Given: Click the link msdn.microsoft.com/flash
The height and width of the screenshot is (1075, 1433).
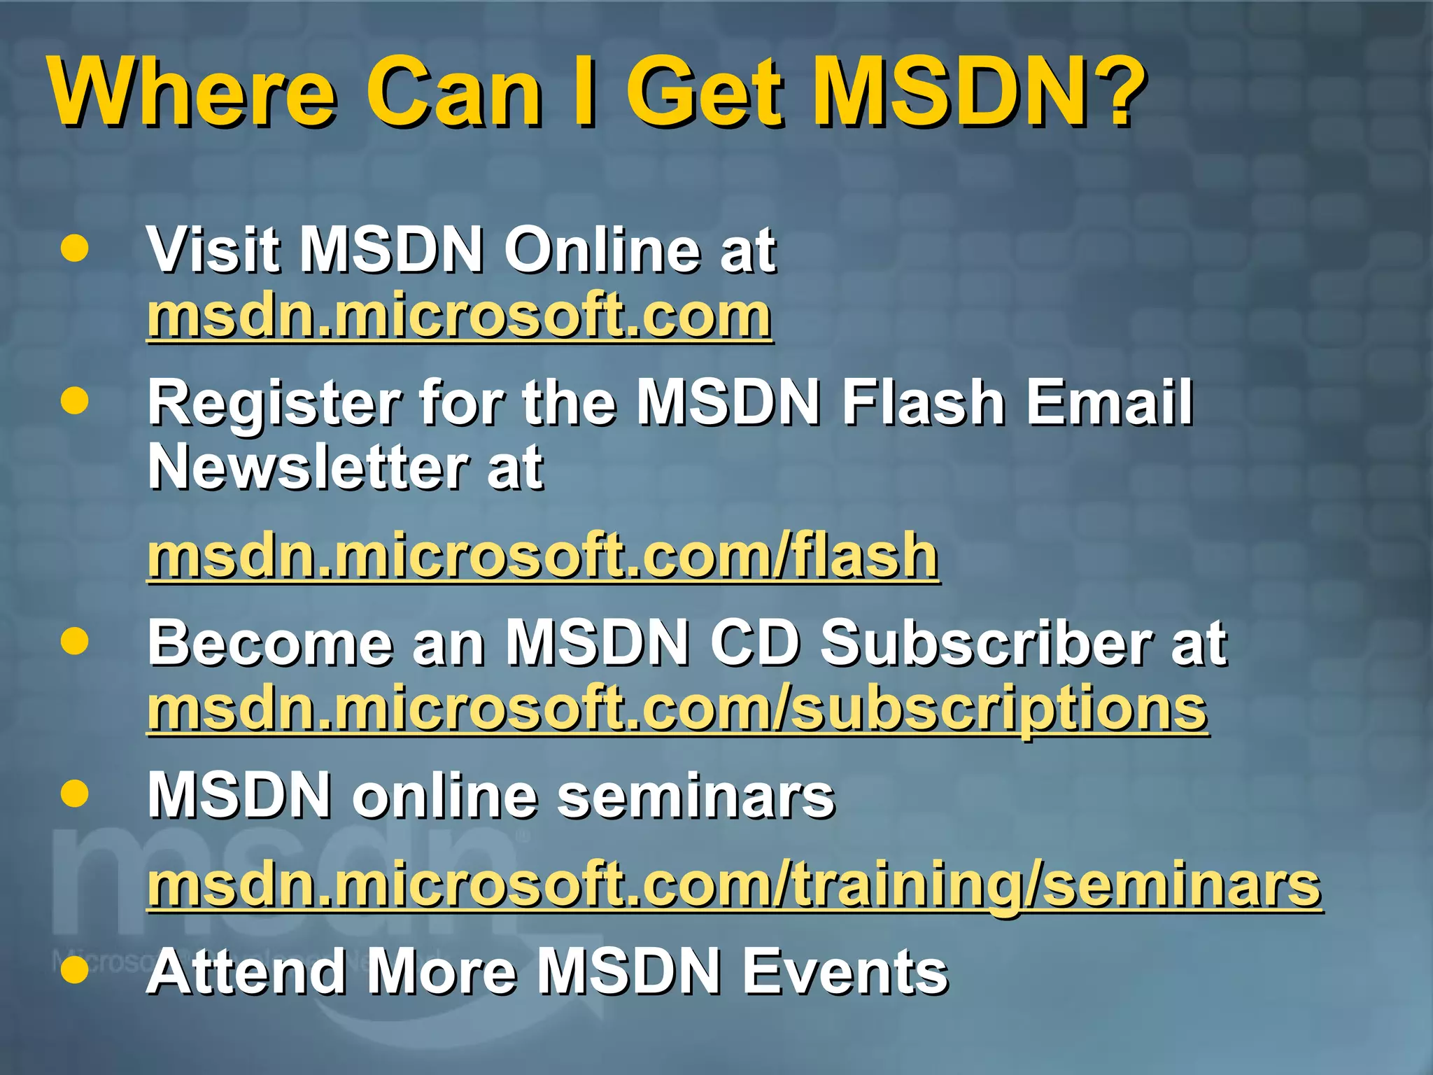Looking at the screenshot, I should pyautogui.click(x=542, y=556).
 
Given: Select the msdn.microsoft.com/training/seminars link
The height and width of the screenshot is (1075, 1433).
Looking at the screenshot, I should pyautogui.click(x=734, y=885).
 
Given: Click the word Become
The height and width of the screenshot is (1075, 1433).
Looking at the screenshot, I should pyautogui.click(x=270, y=643).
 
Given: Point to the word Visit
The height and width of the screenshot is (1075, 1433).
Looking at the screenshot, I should pyautogui.click(x=213, y=250).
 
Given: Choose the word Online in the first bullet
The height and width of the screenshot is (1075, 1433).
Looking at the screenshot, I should pyautogui.click(x=602, y=250).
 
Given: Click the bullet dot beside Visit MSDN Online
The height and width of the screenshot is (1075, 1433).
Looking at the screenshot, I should pyautogui.click(x=75, y=248).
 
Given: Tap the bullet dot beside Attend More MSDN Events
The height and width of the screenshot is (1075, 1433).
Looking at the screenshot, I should pyautogui.click(x=75, y=969).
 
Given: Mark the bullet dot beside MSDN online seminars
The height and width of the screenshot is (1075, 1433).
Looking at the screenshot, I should pyautogui.click(x=75, y=794).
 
